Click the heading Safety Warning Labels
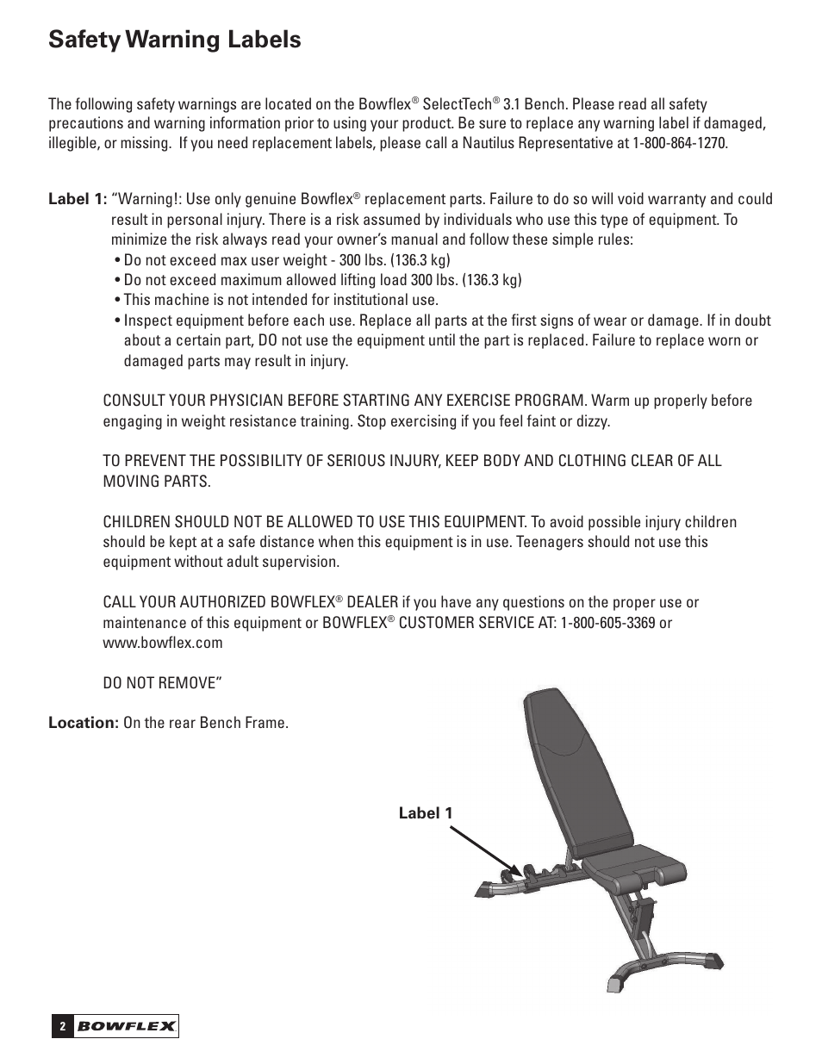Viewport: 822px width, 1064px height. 175,40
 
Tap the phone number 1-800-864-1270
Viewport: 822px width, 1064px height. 680,143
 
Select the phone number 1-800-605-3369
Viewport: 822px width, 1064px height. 607,623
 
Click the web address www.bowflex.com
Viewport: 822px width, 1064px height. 163,643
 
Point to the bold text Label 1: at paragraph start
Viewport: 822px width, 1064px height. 78,200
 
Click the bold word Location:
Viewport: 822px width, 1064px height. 83,723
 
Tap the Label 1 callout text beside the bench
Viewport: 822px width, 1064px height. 425,812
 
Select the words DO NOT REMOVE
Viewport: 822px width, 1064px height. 159,682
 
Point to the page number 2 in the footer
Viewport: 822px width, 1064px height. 62,1026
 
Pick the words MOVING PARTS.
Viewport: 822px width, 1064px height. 156,481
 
